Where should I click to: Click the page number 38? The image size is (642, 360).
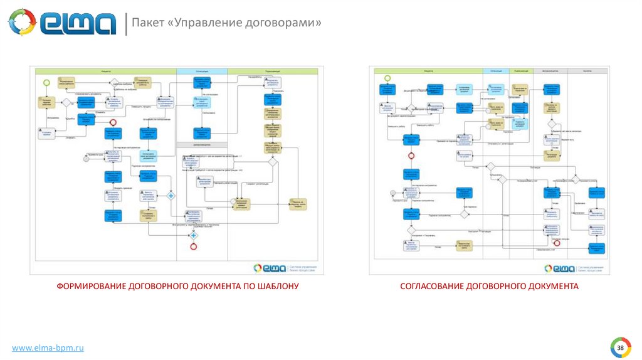click(620, 347)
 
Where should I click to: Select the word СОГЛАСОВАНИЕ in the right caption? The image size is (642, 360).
click(431, 286)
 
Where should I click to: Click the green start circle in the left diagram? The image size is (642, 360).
click(46, 83)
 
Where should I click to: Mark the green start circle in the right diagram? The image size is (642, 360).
click(387, 78)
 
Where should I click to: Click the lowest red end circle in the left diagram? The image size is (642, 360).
click(194, 246)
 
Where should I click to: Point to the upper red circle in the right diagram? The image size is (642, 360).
click(412, 156)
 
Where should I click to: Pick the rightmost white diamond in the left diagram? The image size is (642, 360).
click(273, 162)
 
